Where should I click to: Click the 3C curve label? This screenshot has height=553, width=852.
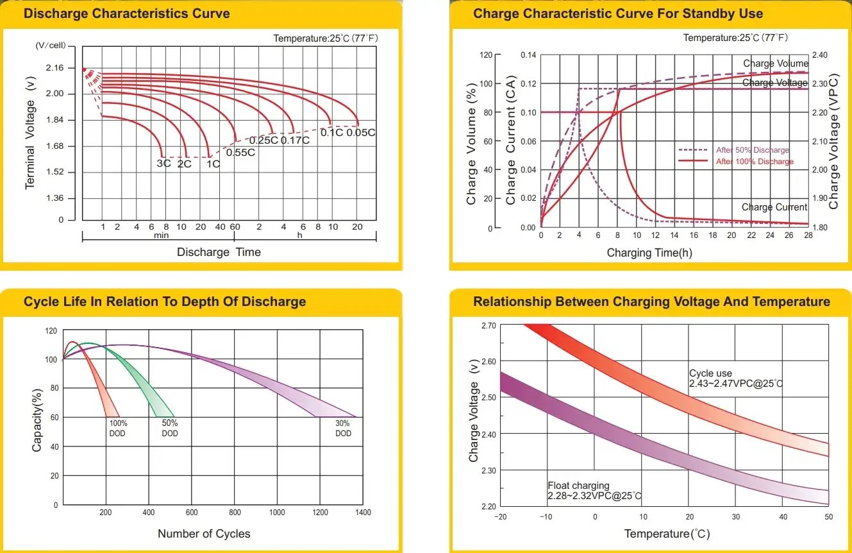pos(163,164)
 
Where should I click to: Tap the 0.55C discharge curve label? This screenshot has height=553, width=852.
pos(240,152)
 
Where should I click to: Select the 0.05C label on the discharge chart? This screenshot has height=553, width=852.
pos(361,133)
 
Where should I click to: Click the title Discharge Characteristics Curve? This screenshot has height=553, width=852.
pos(126,13)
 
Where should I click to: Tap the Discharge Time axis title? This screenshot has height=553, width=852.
pos(219,252)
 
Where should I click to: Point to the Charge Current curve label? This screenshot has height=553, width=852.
pos(774,207)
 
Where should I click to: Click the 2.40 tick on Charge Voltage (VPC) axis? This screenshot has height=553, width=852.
pos(820,55)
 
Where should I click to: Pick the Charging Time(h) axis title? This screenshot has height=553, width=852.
pos(649,253)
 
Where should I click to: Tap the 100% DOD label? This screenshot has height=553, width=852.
pos(117,429)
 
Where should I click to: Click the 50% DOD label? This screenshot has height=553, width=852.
pos(170,429)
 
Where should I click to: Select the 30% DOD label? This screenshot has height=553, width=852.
pos(343,429)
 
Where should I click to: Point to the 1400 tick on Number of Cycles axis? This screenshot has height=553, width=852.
pos(363,513)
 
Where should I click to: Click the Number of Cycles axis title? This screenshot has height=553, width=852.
pos(204,534)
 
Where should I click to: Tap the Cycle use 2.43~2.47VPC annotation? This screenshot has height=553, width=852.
pos(736,379)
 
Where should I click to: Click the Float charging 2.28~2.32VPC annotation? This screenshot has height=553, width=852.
pos(594,491)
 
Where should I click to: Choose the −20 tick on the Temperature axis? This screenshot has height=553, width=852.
pos(500,517)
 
